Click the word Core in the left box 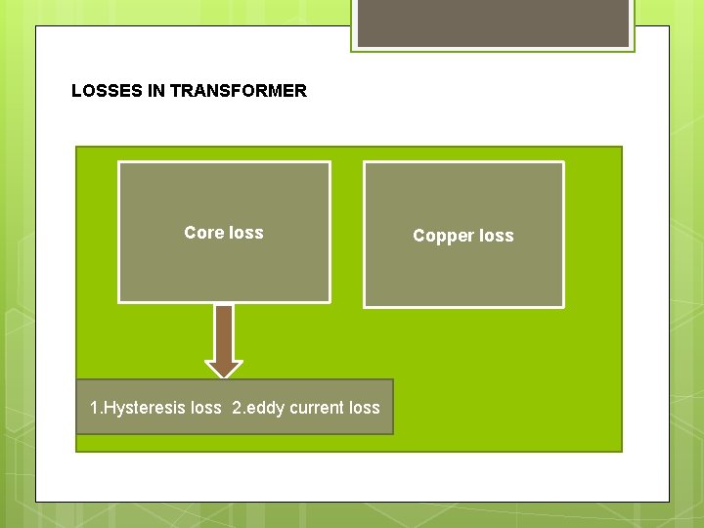tap(203, 233)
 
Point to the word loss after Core tap(245, 233)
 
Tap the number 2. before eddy tap(239, 408)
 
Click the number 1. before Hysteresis tap(95, 408)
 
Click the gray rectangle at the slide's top tap(493, 22)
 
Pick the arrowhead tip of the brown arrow tap(224, 374)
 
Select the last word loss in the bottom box tap(364, 408)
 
